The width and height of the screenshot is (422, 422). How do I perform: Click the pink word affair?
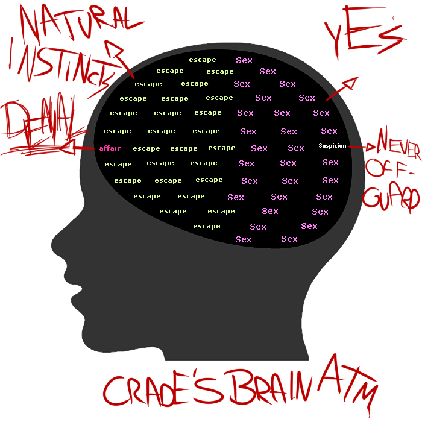point(110,148)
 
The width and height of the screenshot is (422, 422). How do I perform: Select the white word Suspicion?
point(332,146)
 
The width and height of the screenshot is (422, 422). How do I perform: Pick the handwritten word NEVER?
point(398,142)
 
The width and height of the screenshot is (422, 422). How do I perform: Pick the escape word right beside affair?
point(146,148)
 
